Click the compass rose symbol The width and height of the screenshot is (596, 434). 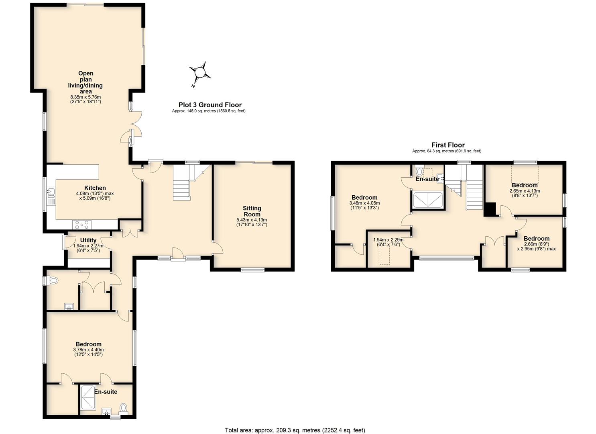[x=200, y=73]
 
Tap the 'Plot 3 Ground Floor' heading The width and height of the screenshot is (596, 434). [x=210, y=105]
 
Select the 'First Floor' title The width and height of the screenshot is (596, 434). [x=448, y=145]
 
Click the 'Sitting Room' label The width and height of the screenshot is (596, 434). [x=252, y=211]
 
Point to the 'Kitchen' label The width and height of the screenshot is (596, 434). [x=95, y=188]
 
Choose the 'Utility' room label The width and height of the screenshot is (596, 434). [x=88, y=240]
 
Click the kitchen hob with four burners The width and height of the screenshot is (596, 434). [x=82, y=225]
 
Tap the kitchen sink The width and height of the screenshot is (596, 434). [x=51, y=197]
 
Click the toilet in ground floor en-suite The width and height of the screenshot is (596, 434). [x=123, y=409]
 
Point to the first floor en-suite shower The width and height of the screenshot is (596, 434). [x=428, y=200]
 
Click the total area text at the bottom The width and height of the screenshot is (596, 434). [x=295, y=422]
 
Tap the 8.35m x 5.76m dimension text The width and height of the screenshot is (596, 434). [x=85, y=97]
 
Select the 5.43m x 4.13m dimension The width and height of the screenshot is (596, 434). [x=252, y=220]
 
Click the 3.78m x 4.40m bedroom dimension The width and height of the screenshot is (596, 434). [x=88, y=350]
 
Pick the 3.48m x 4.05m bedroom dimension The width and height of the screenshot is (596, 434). [x=364, y=203]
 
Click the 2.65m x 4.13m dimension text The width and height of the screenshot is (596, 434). [x=525, y=191]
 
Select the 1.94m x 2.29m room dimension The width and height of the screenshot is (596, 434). [x=388, y=240]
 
